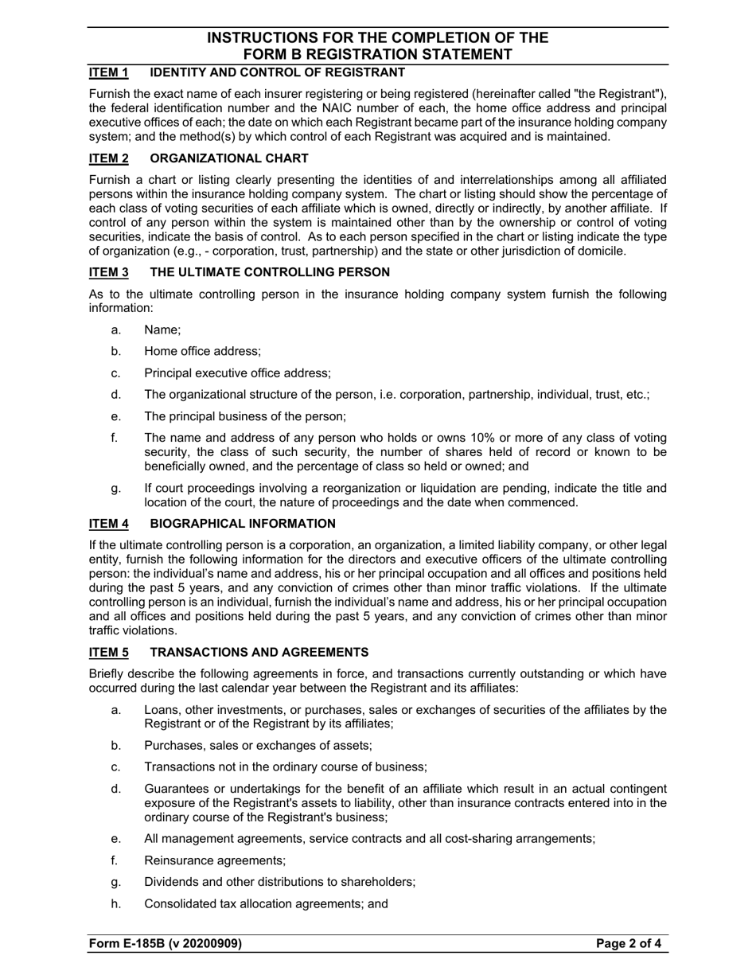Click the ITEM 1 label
(x=108, y=73)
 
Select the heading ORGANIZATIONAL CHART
(x=229, y=158)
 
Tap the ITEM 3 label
(x=108, y=272)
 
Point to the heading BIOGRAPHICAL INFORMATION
(x=243, y=524)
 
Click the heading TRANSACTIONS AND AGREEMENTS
(x=259, y=653)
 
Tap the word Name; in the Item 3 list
(x=162, y=330)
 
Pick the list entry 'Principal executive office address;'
(x=237, y=372)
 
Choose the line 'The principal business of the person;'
(x=245, y=416)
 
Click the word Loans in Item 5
(x=161, y=710)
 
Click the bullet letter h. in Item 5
(x=116, y=903)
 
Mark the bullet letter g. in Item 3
(x=116, y=489)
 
